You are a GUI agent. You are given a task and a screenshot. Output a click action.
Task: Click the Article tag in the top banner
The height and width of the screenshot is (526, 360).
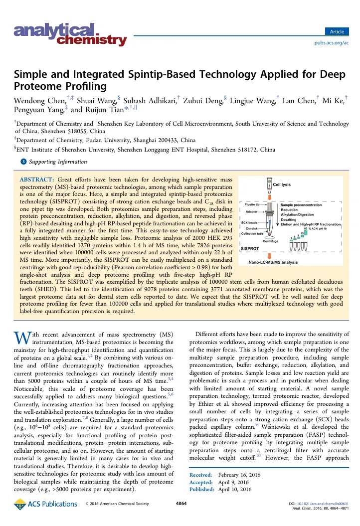337,18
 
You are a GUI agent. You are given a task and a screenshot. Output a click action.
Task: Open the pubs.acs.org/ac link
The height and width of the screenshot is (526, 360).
330,29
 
